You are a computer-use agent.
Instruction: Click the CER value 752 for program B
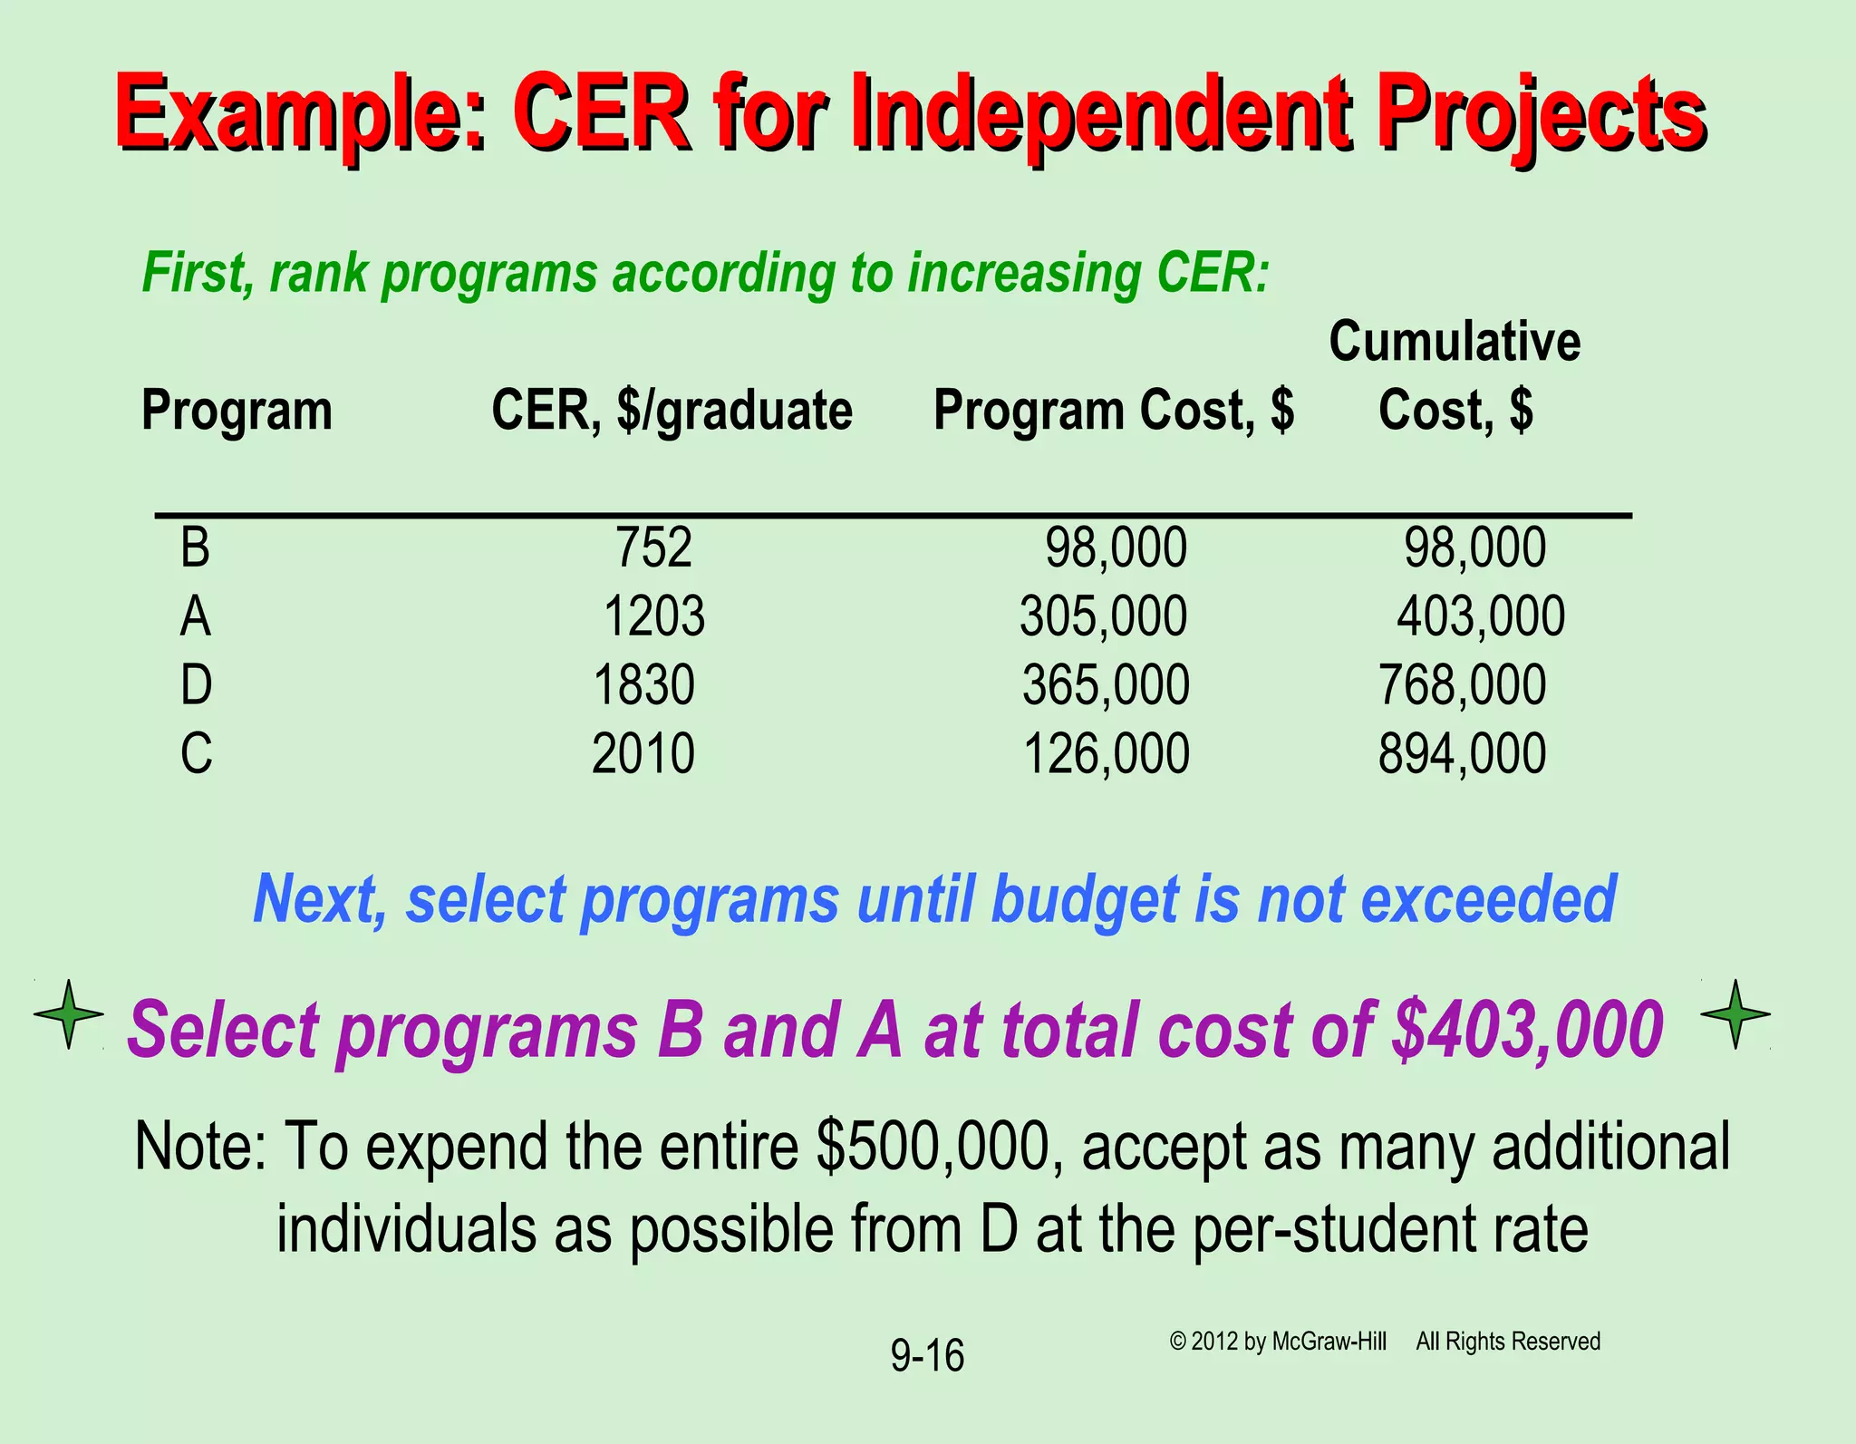(653, 548)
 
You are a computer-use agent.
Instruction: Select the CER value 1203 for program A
(653, 616)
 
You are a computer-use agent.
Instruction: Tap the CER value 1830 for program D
(643, 685)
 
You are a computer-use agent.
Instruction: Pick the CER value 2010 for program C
(643, 754)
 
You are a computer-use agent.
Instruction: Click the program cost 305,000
(1103, 616)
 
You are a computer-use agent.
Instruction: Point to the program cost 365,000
(1106, 685)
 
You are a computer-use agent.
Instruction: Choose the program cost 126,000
(1106, 754)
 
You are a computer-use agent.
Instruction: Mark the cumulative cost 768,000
(1462, 685)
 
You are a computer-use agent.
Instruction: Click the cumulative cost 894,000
(1462, 754)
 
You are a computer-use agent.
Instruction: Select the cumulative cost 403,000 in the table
(1481, 616)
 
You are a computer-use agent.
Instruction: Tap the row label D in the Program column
(196, 685)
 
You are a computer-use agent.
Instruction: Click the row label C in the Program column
(196, 754)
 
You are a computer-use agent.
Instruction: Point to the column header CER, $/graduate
(672, 411)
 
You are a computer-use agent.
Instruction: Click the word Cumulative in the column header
(1455, 342)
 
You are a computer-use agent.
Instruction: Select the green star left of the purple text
(69, 1014)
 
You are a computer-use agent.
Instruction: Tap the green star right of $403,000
(1735, 1014)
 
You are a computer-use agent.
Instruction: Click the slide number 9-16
(927, 1356)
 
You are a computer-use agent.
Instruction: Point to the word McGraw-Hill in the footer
(1329, 1342)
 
